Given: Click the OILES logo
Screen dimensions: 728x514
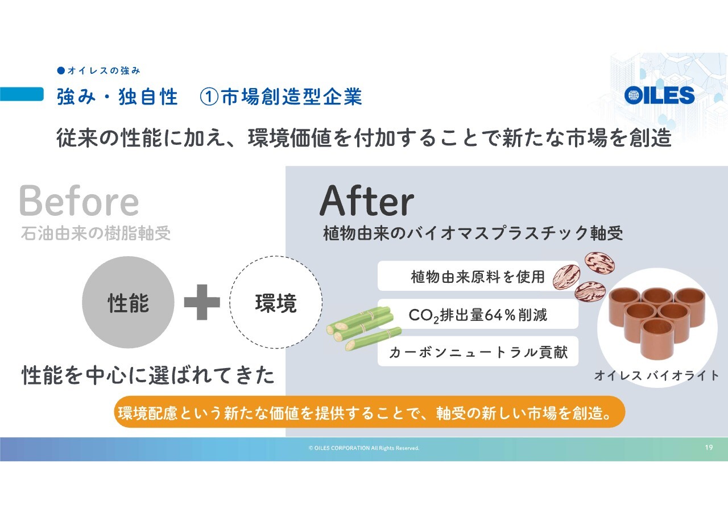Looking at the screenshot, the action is click(659, 95).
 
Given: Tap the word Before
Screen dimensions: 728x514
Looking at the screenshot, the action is click(79, 200).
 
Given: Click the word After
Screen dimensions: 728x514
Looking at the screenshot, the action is click(367, 200).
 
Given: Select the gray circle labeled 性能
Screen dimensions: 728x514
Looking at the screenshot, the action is click(128, 302).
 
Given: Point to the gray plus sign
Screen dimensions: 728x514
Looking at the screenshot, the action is click(202, 302).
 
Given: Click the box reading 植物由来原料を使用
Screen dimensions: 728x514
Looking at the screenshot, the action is click(478, 276).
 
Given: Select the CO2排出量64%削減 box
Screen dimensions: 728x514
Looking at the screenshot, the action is click(478, 314).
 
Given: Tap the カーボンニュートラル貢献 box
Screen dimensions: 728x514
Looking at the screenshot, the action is click(478, 352).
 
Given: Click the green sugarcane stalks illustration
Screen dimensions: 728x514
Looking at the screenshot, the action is click(364, 328).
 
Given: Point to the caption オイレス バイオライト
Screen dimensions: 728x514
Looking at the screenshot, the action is click(656, 375).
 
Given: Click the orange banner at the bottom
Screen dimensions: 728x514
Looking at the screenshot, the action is click(370, 412).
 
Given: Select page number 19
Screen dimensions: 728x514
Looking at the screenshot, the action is click(709, 448).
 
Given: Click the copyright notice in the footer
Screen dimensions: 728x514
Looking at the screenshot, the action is click(364, 448).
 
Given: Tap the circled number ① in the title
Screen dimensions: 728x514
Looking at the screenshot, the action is click(209, 97).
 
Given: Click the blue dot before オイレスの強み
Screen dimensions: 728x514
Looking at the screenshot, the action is click(61, 70).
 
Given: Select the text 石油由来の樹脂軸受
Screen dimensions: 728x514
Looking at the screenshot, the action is click(96, 233).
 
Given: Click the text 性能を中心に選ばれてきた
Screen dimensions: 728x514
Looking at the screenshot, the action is click(148, 375).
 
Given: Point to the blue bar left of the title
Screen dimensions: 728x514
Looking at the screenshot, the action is click(22, 94).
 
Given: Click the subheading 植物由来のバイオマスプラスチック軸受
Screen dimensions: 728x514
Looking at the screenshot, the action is click(473, 233).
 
